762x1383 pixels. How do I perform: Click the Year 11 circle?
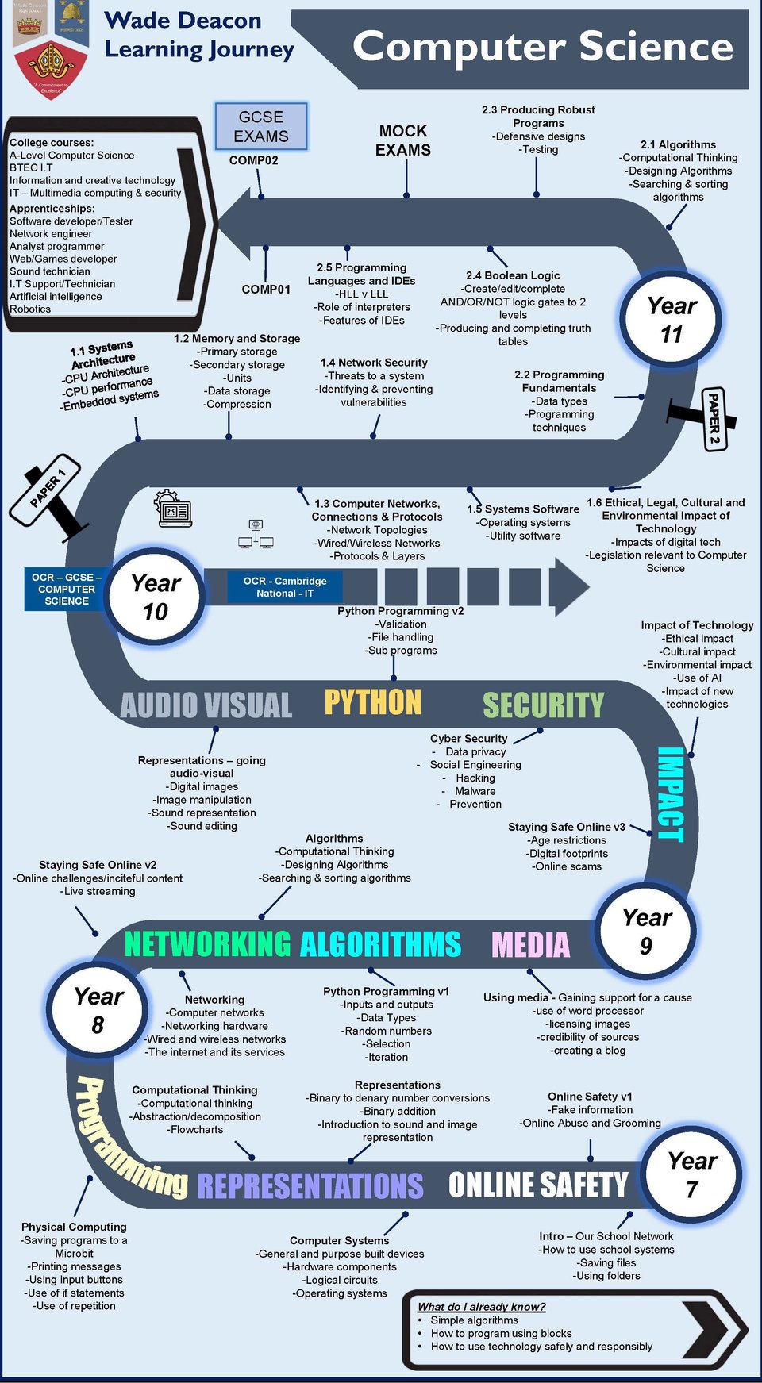pyautogui.click(x=672, y=320)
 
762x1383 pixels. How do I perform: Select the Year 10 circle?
pyautogui.click(x=156, y=597)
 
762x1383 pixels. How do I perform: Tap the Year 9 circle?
pyautogui.click(x=646, y=932)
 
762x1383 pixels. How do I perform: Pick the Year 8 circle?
pyautogui.click(x=98, y=1010)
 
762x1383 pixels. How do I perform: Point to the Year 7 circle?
pyautogui.click(x=692, y=1175)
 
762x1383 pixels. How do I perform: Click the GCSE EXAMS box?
pyautogui.click(x=261, y=127)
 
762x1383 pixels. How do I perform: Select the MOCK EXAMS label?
pyautogui.click(x=403, y=140)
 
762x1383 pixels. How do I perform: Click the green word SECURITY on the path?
pyautogui.click(x=544, y=705)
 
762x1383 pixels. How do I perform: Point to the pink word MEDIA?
pyautogui.click(x=530, y=945)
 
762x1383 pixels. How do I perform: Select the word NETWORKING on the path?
pyautogui.click(x=208, y=944)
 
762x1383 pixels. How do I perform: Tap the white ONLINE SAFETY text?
pyautogui.click(x=537, y=1185)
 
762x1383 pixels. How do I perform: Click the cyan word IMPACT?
pyautogui.click(x=671, y=793)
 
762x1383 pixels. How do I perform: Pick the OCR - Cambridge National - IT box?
pyautogui.click(x=285, y=587)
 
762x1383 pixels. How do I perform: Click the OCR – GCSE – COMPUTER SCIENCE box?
pyautogui.click(x=67, y=589)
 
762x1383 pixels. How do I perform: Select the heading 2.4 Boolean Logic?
pyautogui.click(x=513, y=275)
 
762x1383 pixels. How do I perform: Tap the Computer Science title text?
pyautogui.click(x=543, y=47)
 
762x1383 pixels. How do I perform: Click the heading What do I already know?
pyautogui.click(x=481, y=1307)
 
